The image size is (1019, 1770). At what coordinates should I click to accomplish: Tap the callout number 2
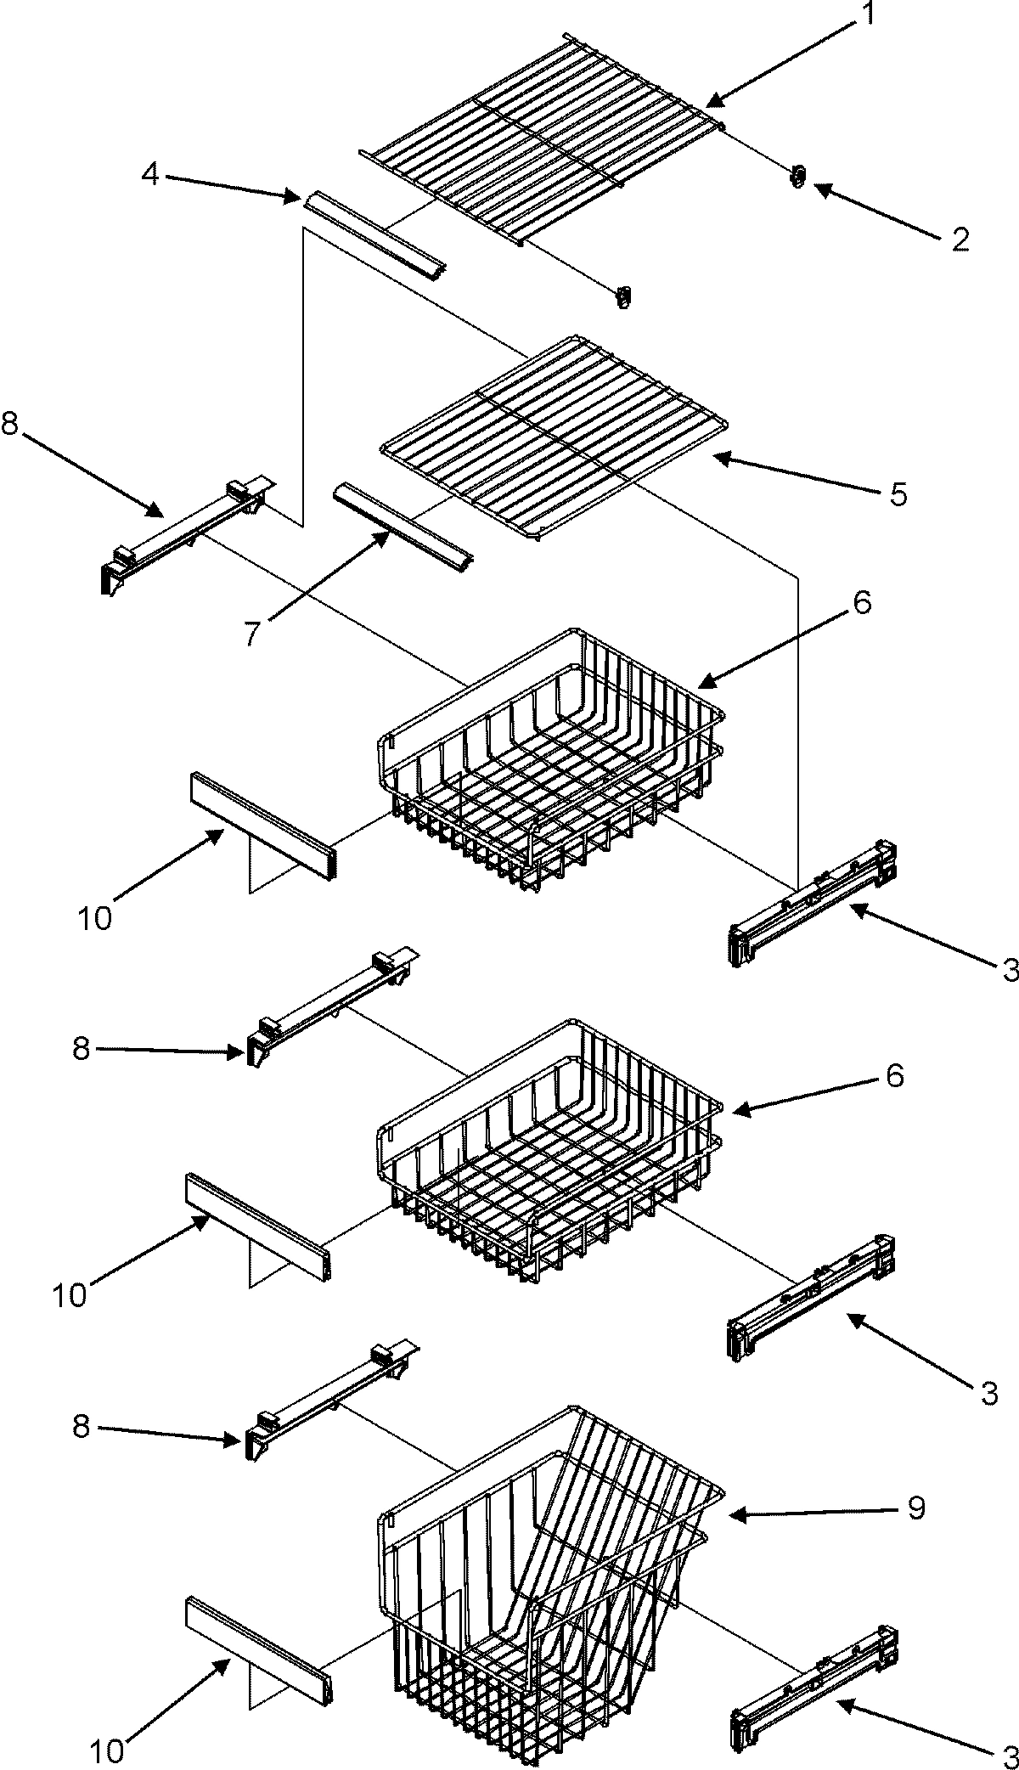click(x=960, y=240)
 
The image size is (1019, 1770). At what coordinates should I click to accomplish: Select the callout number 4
click(x=149, y=175)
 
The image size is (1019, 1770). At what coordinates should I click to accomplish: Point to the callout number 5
click(x=898, y=493)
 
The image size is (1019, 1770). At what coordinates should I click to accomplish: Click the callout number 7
click(x=252, y=634)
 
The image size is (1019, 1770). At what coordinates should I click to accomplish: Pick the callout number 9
click(x=915, y=1508)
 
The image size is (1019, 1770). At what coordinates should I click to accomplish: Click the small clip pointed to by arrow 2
click(x=797, y=177)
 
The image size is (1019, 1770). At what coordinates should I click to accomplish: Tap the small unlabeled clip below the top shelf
click(x=624, y=296)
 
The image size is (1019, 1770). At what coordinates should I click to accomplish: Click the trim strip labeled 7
click(x=404, y=527)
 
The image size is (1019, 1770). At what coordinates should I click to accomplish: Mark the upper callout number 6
click(x=862, y=603)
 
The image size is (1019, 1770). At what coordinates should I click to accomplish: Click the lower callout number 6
click(x=894, y=1077)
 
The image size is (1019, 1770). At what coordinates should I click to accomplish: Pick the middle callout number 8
click(x=81, y=1049)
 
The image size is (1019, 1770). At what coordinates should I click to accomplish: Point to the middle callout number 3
click(x=988, y=1393)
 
